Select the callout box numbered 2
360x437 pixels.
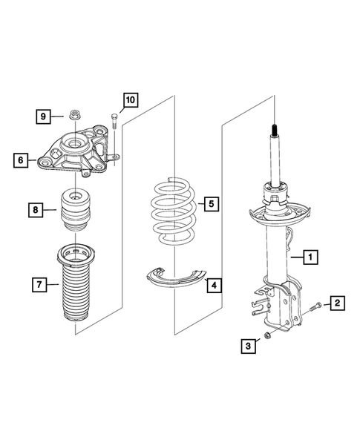click(336, 302)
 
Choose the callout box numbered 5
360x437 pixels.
click(211, 203)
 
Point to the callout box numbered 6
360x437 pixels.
click(22, 158)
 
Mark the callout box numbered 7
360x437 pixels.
click(35, 283)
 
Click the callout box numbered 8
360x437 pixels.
click(36, 211)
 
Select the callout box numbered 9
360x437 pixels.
click(44, 116)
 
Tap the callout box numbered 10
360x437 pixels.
click(129, 99)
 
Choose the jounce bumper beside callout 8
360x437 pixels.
click(75, 212)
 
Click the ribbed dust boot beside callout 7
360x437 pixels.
click(76, 289)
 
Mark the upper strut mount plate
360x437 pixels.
click(75, 154)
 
